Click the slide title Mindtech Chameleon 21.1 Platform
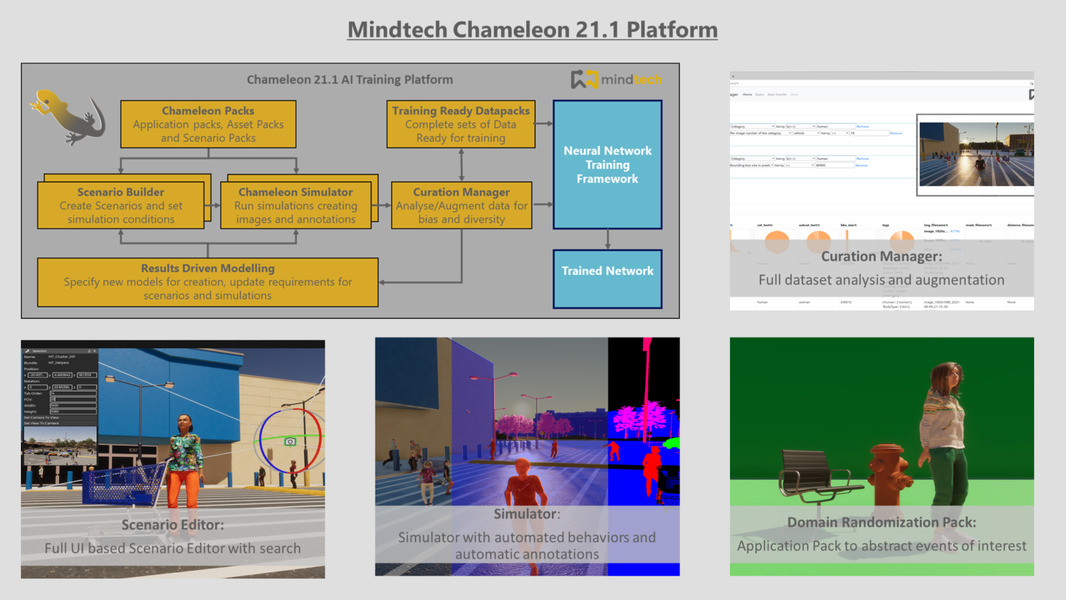pos(532,30)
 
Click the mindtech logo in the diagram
pos(616,79)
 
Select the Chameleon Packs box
pos(208,124)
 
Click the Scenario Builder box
pos(121,206)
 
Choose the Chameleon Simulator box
pos(296,206)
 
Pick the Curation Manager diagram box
pos(462,206)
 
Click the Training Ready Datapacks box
pos(461,124)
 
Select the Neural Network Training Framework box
pos(607,165)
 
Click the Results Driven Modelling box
pos(208,282)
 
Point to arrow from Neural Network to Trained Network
pos(608,240)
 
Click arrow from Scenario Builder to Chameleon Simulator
pos(212,206)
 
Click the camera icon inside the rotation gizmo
pos(290,442)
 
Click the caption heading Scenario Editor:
pos(173,525)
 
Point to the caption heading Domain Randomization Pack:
pos(881,522)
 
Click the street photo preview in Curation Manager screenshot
pos(976,154)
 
